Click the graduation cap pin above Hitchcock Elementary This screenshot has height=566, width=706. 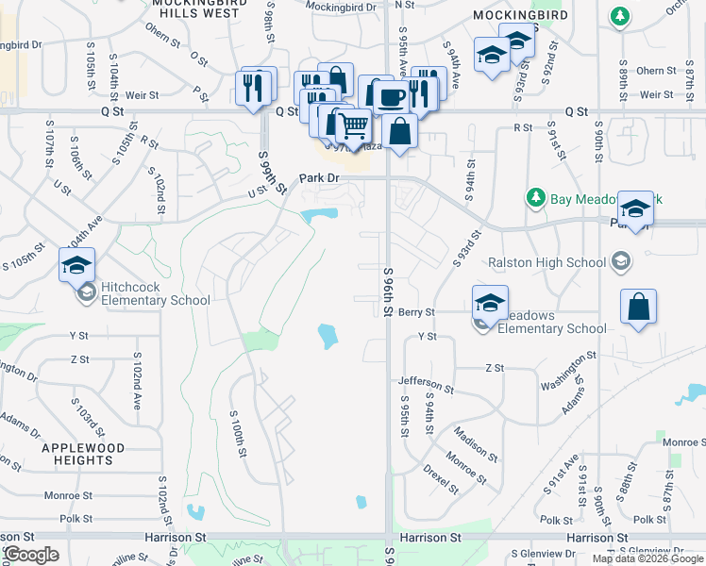pos(76,265)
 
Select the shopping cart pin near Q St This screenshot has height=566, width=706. pos(353,125)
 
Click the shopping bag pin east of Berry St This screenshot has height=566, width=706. pos(638,307)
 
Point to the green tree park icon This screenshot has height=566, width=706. pos(536,197)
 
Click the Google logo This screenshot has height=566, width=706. pos(31,555)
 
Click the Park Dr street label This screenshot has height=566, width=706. pos(319,177)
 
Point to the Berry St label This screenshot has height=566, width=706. pos(415,312)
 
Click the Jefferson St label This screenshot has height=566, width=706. pos(426,384)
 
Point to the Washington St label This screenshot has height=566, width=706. pos(568,367)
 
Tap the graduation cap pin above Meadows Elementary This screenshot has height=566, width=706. pos(490,302)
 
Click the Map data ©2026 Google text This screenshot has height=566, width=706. pos(648,558)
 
